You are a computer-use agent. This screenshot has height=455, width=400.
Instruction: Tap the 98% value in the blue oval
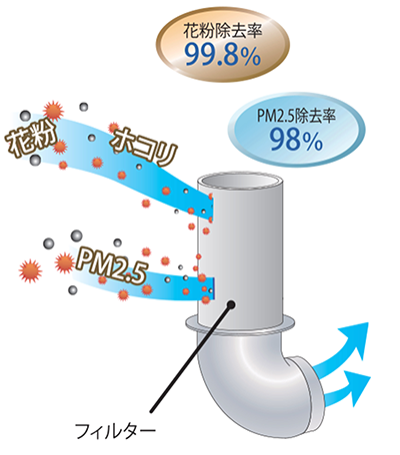[x=296, y=140]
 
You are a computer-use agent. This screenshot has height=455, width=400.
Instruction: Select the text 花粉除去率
[x=223, y=31]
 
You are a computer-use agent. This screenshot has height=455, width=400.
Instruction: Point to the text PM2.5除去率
[x=296, y=116]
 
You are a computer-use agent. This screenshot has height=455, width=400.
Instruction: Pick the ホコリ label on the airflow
[x=144, y=146]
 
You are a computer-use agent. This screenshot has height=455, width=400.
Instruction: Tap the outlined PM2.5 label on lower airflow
[x=111, y=266]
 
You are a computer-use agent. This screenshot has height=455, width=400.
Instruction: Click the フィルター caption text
[x=115, y=431]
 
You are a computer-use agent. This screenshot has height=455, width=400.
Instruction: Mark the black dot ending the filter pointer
[x=230, y=304]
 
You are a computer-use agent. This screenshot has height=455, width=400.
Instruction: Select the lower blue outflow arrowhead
[x=358, y=387]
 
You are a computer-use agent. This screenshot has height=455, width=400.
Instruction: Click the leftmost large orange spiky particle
[x=30, y=271]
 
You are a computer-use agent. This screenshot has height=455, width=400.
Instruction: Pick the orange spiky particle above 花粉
[x=53, y=111]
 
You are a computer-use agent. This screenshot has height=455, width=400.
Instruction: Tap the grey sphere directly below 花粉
[x=35, y=161]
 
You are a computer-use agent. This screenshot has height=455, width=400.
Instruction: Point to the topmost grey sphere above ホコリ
[x=83, y=107]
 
